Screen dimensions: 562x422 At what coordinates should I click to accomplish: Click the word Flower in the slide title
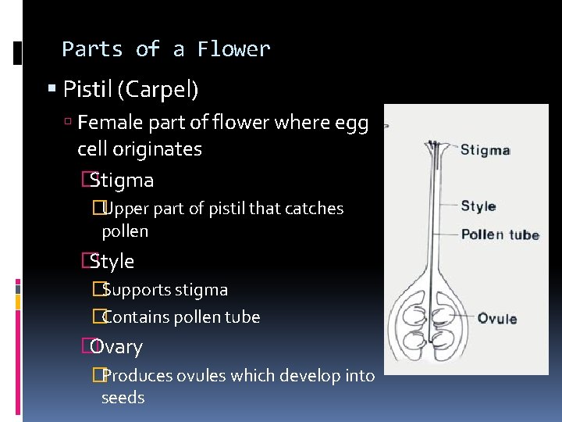tap(233, 49)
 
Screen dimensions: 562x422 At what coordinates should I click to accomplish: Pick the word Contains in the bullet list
tap(134, 317)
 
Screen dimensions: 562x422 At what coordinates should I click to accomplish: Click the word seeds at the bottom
tap(123, 398)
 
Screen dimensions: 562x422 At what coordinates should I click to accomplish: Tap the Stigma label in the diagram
tap(485, 150)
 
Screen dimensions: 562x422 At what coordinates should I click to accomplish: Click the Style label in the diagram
tap(478, 206)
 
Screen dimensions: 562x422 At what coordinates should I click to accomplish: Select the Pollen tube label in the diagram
tap(500, 234)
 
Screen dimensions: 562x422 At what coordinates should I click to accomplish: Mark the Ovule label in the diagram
tap(497, 318)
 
